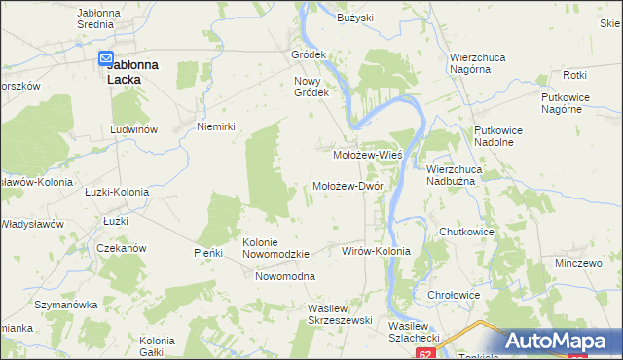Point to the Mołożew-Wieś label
(x=368, y=154)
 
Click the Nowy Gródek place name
(x=313, y=87)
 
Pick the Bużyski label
(x=355, y=18)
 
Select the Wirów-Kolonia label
(x=377, y=251)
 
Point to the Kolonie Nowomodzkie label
(x=275, y=247)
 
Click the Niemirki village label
(x=217, y=126)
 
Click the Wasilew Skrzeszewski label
(x=334, y=313)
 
